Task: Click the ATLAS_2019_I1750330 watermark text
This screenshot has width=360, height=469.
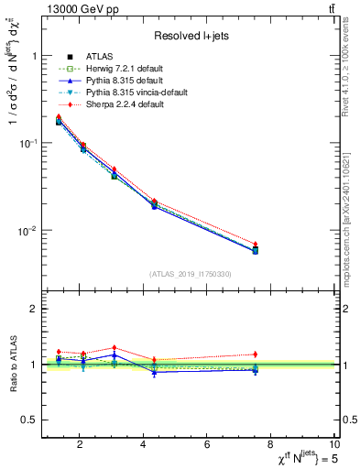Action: [190, 274]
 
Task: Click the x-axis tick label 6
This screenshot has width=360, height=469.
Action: [207, 444]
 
